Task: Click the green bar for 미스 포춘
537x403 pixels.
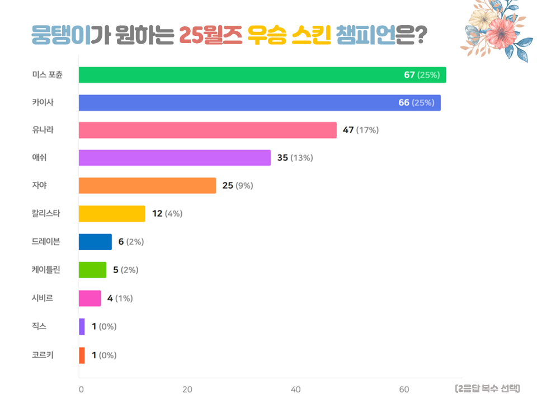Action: point(262,75)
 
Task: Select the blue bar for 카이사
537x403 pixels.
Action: point(259,103)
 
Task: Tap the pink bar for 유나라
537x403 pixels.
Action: point(208,130)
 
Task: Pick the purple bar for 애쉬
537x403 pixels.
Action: point(175,158)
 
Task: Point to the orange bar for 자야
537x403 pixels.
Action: point(147,186)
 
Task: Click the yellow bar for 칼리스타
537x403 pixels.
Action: point(112,214)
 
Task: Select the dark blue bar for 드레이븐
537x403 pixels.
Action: point(95,242)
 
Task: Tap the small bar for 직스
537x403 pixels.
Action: point(82,326)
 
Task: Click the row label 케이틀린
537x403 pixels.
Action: point(46,270)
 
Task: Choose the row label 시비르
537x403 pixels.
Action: point(43,298)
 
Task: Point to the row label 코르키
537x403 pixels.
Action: point(43,355)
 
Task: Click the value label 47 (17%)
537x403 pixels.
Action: point(361,130)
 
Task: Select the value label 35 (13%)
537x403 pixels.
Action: point(295,158)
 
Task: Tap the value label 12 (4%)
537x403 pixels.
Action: point(167,214)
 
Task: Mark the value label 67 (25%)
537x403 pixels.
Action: point(422,75)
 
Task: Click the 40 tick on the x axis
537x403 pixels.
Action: point(296,390)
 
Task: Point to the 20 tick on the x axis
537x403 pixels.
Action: point(187,390)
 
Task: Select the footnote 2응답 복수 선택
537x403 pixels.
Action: point(488,388)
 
